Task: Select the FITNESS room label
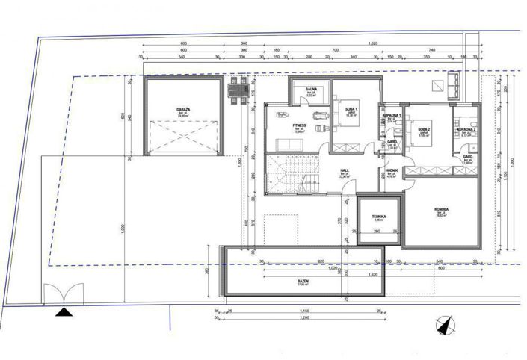coord(281,125)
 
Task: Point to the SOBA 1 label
coord(351,109)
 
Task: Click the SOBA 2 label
coord(423,129)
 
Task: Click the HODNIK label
coord(390,171)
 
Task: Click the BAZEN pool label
coord(302,282)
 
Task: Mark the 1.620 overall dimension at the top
coord(372,44)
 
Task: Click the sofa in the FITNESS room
coord(282,114)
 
